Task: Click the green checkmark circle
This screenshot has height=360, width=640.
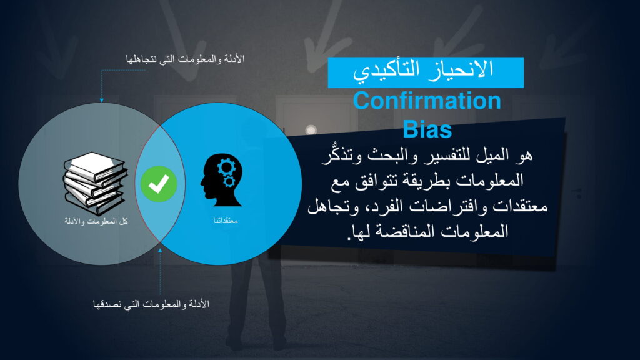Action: [159, 184]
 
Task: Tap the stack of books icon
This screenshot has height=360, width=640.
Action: [95, 183]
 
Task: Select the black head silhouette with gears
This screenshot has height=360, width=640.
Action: [222, 180]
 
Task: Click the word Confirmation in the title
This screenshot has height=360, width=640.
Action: [427, 101]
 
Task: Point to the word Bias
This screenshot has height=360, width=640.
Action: [427, 129]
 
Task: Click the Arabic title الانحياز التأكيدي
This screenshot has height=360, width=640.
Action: [423, 69]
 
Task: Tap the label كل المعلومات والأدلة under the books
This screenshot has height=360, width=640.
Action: [96, 221]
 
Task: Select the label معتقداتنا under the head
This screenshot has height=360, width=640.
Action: [226, 221]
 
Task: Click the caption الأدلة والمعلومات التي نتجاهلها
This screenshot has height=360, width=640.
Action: [185, 59]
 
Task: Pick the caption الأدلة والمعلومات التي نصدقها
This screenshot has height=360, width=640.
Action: [151, 304]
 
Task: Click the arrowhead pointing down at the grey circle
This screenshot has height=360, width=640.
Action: [102, 100]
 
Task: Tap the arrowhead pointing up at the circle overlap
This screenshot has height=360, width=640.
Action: [160, 250]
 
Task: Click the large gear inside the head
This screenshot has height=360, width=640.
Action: [226, 166]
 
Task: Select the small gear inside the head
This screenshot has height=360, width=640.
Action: [229, 181]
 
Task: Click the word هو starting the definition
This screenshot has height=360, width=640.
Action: [524, 155]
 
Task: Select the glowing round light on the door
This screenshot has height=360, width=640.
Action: [311, 130]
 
